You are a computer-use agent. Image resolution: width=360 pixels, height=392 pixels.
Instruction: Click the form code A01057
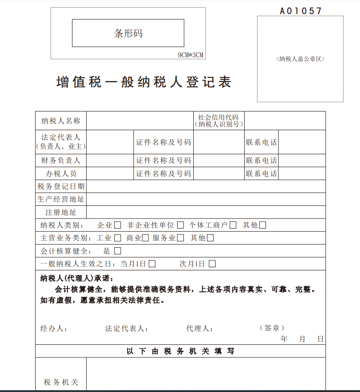click(301, 11)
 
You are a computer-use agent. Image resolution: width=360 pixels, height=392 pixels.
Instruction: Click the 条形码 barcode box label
click(128, 33)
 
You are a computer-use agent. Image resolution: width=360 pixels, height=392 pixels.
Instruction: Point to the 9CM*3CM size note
click(190, 55)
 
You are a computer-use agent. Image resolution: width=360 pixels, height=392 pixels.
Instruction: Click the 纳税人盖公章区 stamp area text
click(300, 59)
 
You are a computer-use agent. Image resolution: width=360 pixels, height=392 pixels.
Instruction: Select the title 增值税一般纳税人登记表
click(144, 82)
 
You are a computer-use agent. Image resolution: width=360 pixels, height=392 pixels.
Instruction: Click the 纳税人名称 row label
click(61, 121)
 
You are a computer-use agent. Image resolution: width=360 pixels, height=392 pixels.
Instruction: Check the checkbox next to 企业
click(118, 225)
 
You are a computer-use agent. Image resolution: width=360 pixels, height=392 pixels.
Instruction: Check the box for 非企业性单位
click(180, 225)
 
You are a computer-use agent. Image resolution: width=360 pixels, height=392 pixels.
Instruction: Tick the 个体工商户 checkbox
click(233, 225)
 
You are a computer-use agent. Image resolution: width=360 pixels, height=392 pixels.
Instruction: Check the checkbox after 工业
click(118, 238)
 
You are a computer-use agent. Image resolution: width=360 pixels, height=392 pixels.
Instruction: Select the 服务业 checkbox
click(180, 238)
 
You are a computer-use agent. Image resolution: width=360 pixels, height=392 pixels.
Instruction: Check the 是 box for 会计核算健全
click(118, 250)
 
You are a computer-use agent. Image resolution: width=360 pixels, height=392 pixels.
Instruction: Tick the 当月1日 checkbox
click(152, 264)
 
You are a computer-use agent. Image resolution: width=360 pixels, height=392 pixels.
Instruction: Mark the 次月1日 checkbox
click(212, 264)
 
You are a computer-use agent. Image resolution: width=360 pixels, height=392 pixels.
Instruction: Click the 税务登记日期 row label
click(61, 186)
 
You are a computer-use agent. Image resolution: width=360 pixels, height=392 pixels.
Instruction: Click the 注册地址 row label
click(61, 212)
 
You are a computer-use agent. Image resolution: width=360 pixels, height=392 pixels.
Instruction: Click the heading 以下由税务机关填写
click(180, 351)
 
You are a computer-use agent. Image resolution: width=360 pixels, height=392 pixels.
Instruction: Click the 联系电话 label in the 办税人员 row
click(261, 173)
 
